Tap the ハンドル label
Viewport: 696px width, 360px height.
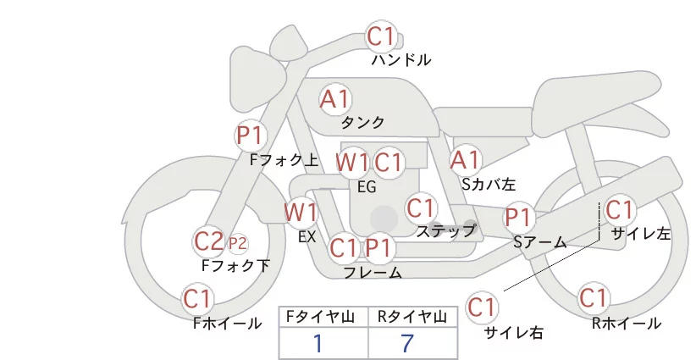[401, 60]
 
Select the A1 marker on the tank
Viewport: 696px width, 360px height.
[334, 99]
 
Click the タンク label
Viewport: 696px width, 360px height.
[362, 122]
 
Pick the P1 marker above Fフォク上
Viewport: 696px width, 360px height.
[251, 135]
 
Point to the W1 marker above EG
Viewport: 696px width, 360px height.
[352, 163]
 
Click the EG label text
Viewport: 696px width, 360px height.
[367, 186]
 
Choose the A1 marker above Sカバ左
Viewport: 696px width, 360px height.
[465, 159]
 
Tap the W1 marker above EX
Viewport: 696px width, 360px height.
[301, 211]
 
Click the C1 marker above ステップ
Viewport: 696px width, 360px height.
[420, 208]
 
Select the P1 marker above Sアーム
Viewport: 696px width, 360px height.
[518, 217]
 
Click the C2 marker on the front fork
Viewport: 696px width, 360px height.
[208, 241]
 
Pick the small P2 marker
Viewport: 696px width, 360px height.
[238, 244]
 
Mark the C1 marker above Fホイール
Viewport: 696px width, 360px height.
[198, 298]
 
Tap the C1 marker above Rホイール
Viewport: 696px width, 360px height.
[593, 298]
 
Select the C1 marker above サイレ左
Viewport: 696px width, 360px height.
[619, 209]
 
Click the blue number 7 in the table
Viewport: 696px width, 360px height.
[408, 343]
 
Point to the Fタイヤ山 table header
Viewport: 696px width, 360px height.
[323, 317]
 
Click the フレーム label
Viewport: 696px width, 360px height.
[373, 272]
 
